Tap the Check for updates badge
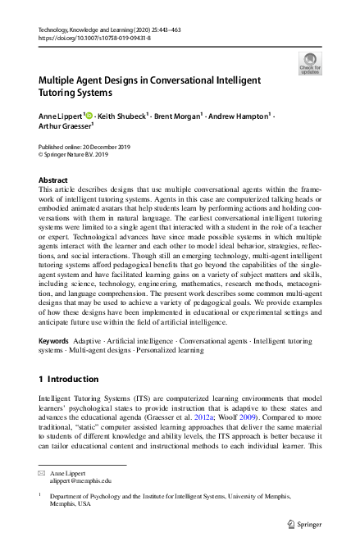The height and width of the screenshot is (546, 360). tap(310, 63)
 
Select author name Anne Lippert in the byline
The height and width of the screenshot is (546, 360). tap(61, 117)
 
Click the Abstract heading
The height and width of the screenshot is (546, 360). tap(53, 180)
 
